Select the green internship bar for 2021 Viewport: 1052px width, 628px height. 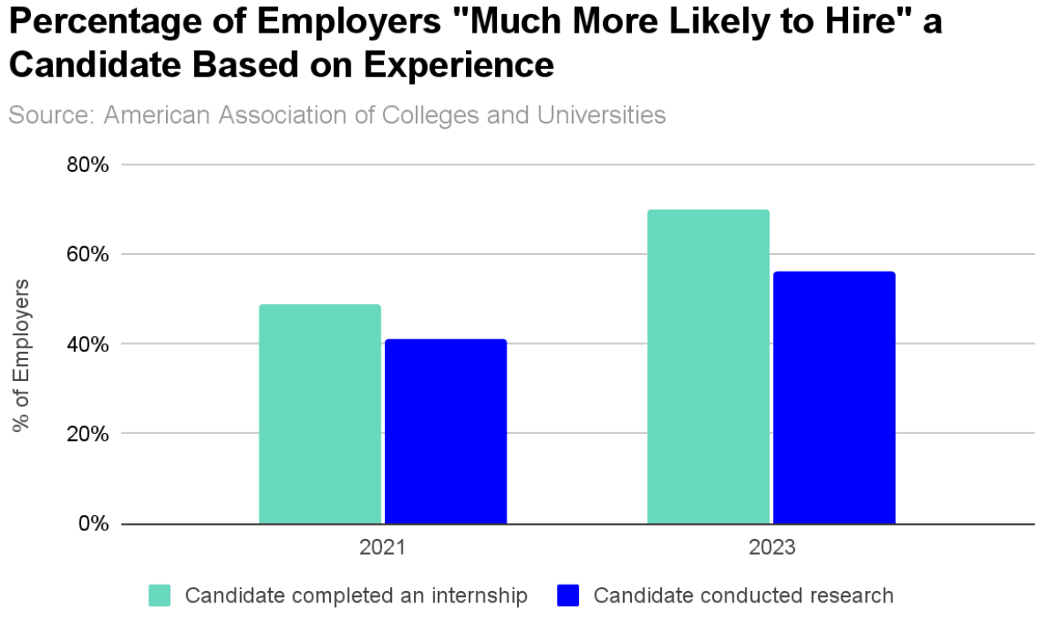(319, 414)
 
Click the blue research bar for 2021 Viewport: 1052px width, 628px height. (446, 431)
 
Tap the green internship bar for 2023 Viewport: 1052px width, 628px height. (708, 367)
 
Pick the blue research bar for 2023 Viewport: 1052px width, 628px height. (834, 398)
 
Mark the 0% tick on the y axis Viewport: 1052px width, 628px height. (93, 524)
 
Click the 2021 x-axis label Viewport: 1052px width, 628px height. (382, 548)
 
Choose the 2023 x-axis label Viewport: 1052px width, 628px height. (771, 548)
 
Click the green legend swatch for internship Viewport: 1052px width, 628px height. (160, 595)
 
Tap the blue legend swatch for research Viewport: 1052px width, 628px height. (568, 595)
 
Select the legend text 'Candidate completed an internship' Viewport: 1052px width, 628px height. (356, 595)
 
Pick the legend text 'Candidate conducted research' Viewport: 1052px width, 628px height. (743, 595)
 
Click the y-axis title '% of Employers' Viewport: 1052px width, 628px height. (21, 355)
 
